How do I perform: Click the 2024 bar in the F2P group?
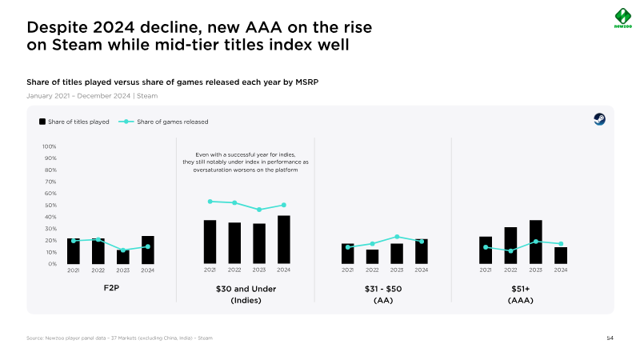147,250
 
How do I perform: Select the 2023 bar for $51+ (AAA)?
536,242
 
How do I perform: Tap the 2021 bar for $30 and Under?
210,242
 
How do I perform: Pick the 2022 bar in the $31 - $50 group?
372,256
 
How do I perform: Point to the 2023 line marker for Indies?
259,210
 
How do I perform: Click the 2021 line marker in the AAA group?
486,247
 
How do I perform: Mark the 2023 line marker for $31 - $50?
397,237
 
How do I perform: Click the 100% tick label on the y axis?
49,146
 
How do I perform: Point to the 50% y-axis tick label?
50,205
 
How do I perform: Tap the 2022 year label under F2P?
98,270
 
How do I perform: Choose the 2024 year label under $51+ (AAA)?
561,270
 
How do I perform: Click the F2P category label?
110,288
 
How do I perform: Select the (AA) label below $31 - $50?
384,301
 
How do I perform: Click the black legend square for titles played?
42,122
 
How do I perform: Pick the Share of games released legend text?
173,122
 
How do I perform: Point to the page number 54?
610,339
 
